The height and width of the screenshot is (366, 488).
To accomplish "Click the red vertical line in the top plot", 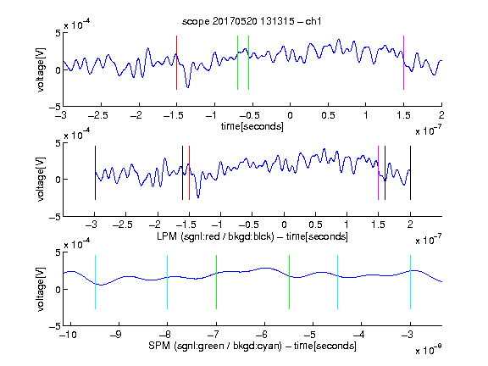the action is coord(176,63).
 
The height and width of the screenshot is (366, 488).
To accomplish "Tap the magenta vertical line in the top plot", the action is coord(403,63).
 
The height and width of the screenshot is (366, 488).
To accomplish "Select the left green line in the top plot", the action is coord(237,63).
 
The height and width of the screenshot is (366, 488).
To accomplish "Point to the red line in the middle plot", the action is coord(189,173).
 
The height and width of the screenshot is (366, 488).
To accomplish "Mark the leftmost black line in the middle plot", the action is coord(95,173).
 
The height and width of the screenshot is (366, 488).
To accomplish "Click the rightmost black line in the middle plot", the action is coord(410,173).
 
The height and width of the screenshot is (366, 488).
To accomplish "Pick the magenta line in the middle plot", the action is coord(378,173).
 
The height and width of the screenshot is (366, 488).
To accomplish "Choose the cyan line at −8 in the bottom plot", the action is coord(168,282).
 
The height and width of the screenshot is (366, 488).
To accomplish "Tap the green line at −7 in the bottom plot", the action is coord(216,282).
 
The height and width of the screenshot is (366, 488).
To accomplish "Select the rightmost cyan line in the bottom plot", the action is coord(410,282).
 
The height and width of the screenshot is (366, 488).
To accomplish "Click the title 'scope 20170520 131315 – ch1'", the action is coord(252,21).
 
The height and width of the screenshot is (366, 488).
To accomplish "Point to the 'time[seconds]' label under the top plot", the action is coord(252,126).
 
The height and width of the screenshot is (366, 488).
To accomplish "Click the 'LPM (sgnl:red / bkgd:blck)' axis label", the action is coord(215,236).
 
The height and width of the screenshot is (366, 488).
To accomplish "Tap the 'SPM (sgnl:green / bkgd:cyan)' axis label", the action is coord(215,346).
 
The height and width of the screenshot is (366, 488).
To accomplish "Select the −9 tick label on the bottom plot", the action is coord(116,335).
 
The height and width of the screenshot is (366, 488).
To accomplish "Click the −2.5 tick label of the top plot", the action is coord(98,115).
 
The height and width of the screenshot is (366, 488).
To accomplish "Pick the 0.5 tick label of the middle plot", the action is coord(315,225).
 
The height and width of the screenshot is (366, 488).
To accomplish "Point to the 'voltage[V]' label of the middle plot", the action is coord(41,180).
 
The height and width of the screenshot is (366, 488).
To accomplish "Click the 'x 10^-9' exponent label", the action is coord(428,350).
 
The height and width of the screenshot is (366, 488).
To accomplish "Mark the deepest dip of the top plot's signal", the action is coord(188,87).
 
